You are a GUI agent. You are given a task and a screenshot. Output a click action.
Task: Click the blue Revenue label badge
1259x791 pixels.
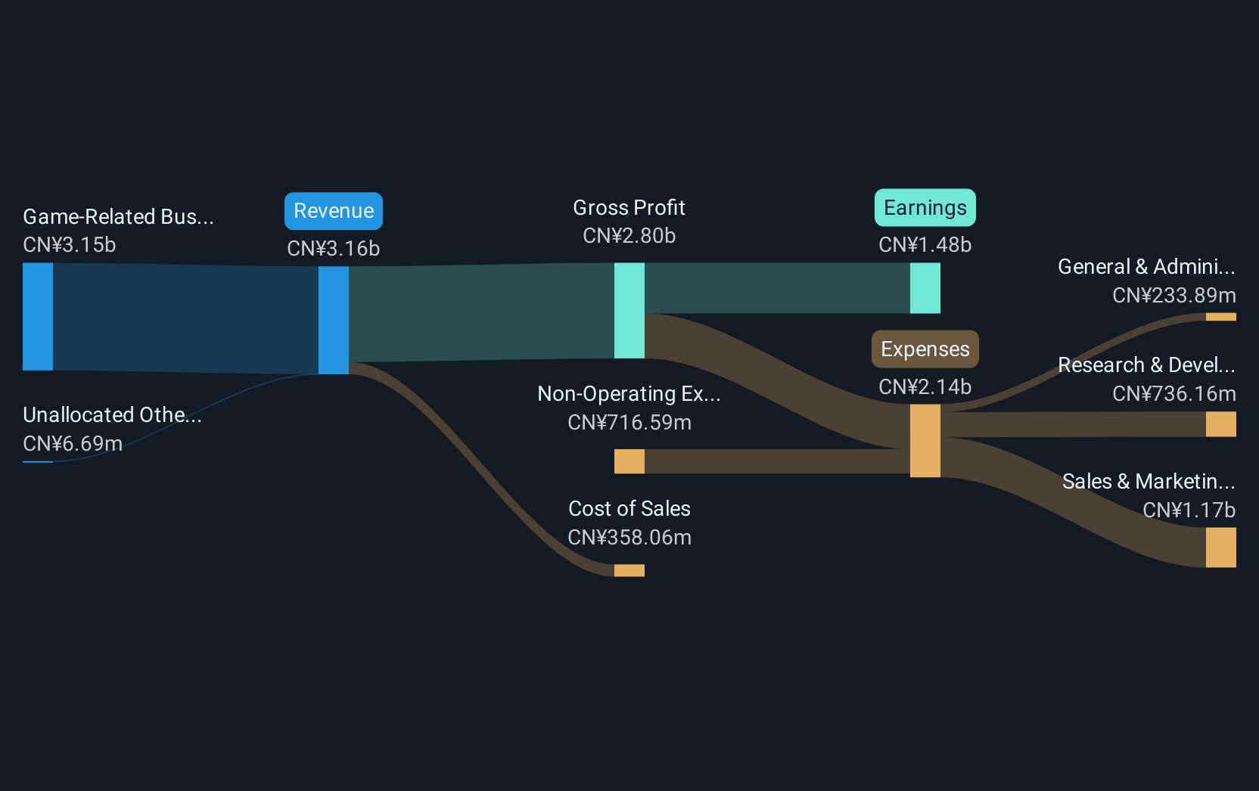point(333,211)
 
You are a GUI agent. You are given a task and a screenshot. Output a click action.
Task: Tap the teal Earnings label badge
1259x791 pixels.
point(925,208)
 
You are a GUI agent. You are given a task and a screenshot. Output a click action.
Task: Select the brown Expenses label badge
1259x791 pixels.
point(925,349)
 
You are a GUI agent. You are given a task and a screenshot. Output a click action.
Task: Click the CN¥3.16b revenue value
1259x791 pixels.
point(333,249)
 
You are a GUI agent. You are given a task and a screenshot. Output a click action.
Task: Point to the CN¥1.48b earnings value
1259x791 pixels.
point(925,245)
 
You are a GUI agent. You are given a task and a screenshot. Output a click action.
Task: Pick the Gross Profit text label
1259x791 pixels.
point(629,208)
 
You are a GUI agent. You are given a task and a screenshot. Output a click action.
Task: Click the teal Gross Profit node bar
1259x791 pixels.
point(629,310)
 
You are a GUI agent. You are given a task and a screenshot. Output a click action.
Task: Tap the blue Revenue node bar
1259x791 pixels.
point(333,320)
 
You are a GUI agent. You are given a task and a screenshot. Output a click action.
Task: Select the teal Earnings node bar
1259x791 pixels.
point(925,288)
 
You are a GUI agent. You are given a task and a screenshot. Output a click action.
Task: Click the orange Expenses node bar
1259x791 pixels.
point(925,440)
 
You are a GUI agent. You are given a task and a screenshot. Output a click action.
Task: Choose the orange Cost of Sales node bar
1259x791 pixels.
point(629,570)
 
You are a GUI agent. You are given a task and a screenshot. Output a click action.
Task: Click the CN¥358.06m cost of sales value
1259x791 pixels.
point(629,538)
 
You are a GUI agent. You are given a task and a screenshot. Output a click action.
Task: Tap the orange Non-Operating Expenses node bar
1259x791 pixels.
point(629,461)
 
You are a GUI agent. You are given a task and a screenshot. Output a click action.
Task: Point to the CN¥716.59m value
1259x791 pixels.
point(629,423)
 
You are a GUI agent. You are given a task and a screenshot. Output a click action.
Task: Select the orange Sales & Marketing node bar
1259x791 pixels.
point(1220,547)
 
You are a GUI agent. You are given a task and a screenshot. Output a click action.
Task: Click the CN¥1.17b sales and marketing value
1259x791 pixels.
point(1189,510)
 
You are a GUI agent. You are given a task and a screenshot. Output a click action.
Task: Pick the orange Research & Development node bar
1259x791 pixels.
point(1220,424)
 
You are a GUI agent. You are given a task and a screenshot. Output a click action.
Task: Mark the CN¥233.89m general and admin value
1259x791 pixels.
point(1174,296)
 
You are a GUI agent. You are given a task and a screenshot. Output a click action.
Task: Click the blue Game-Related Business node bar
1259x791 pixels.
point(38,316)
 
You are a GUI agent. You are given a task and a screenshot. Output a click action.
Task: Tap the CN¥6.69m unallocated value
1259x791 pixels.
point(73,444)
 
